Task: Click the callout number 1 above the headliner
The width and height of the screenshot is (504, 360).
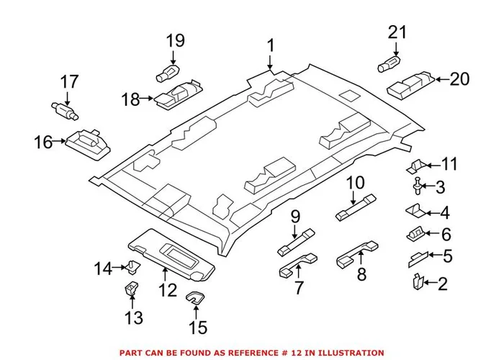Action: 271,46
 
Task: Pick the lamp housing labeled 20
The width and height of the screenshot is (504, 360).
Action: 409,84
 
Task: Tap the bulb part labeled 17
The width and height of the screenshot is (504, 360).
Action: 64,109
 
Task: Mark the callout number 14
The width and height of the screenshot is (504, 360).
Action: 102,269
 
